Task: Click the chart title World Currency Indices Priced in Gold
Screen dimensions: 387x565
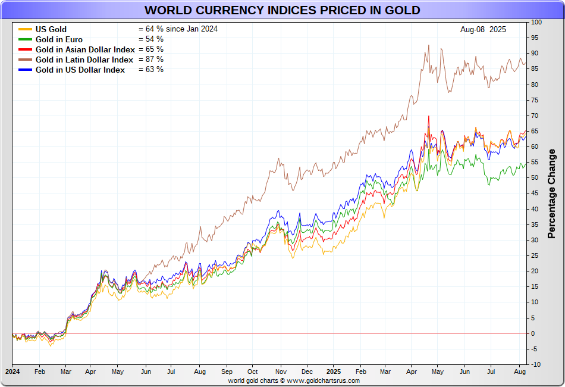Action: [282, 10]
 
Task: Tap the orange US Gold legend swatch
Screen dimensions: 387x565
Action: [25, 29]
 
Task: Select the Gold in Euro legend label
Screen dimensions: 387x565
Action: [59, 39]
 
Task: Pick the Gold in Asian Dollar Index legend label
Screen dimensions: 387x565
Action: [85, 49]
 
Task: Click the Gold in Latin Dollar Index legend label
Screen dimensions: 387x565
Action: [84, 60]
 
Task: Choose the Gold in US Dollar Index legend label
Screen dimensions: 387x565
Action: [80, 70]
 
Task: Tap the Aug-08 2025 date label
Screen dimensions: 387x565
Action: [483, 29]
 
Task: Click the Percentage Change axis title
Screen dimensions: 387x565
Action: [551, 193]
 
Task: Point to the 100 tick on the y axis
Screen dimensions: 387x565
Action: [536, 22]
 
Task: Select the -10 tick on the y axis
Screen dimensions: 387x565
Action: [535, 364]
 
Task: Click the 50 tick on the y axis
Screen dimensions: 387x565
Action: [535, 177]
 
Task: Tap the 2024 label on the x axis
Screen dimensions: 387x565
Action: [12, 371]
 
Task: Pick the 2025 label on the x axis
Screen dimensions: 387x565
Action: [334, 371]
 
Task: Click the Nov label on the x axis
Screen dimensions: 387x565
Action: [280, 371]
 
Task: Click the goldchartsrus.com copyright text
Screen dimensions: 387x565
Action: [294, 380]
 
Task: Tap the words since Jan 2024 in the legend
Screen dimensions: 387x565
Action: [192, 29]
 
